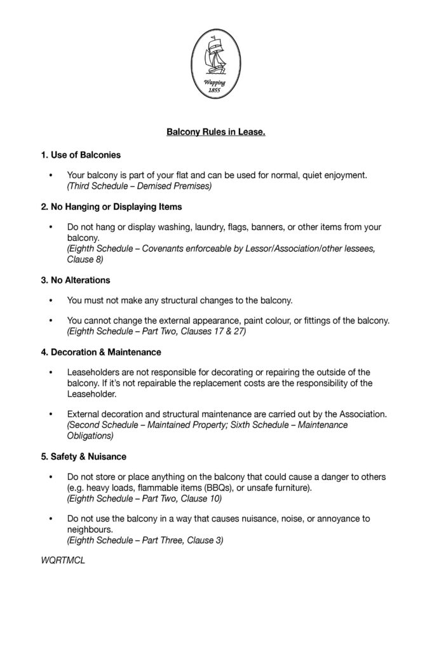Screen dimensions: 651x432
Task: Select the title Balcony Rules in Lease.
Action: (215, 133)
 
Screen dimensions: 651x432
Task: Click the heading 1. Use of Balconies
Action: (81, 154)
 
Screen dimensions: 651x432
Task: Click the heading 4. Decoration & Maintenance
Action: (101, 352)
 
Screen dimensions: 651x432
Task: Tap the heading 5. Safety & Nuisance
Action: (83, 456)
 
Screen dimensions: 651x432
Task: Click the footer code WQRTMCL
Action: (62, 561)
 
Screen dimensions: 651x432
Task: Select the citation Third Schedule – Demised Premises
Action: (138, 186)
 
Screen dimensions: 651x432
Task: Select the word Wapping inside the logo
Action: (215, 83)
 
